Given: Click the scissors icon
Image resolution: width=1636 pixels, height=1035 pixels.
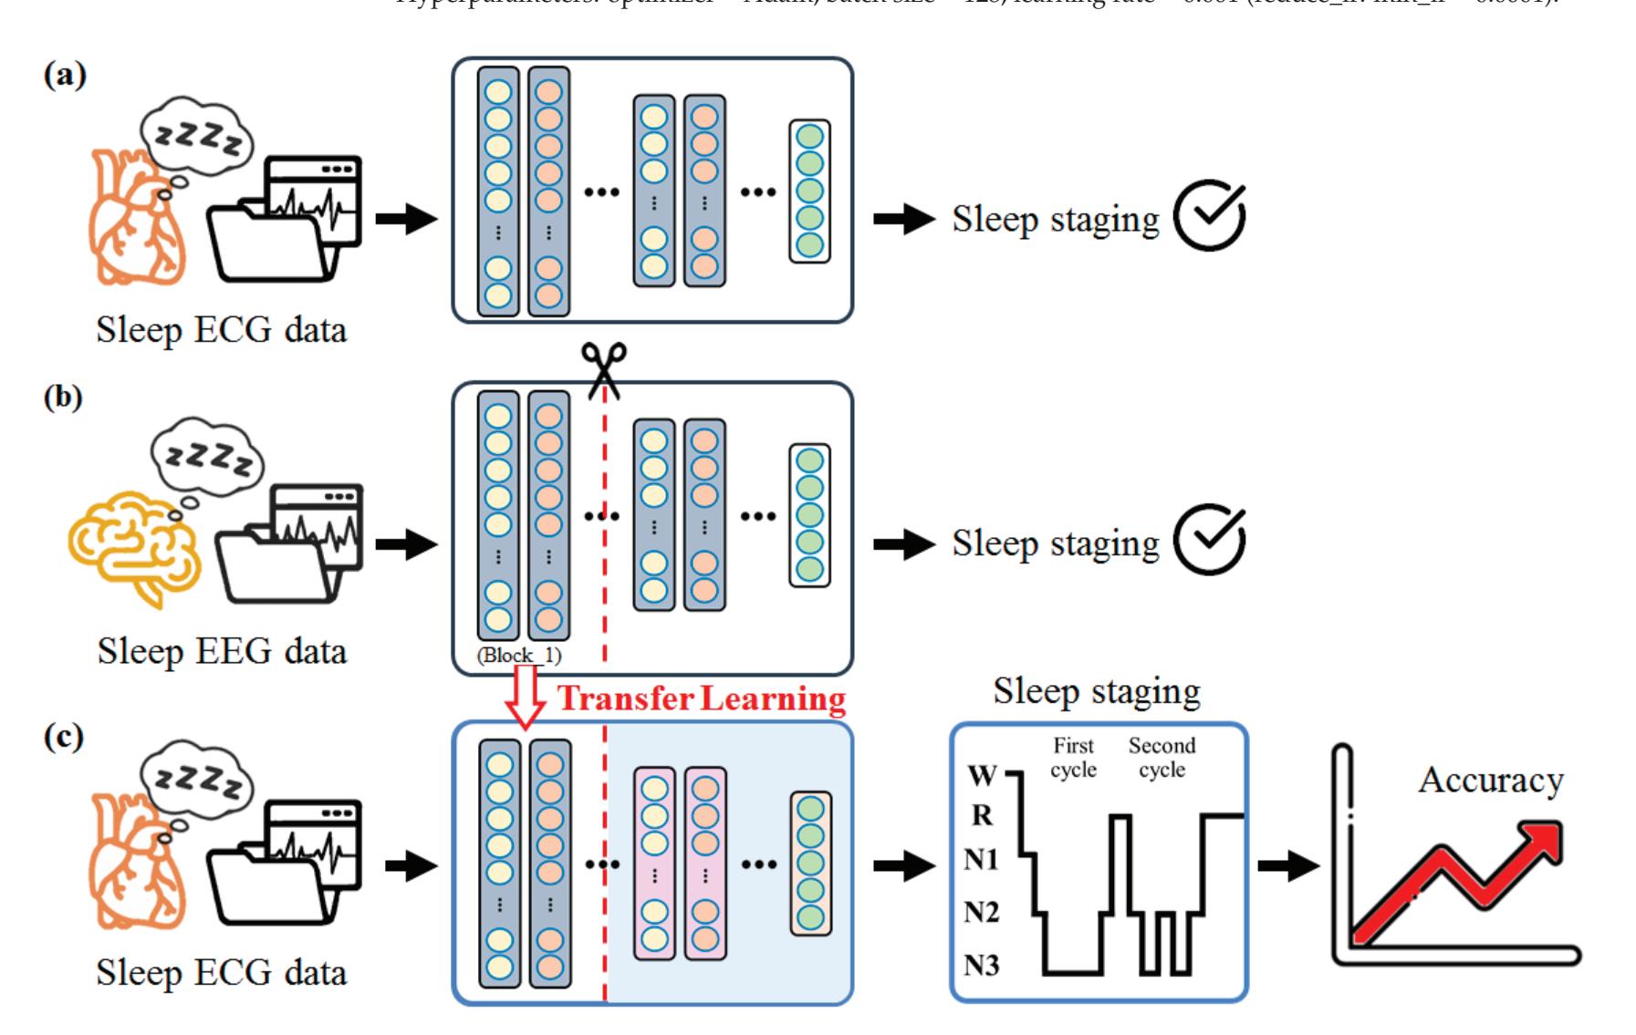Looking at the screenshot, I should (606, 369).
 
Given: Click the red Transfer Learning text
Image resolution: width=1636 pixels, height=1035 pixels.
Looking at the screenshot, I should (702, 699).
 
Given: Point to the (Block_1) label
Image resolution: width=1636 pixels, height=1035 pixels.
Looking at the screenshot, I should (519, 656).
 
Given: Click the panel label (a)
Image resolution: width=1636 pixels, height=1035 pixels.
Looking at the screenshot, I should (65, 76).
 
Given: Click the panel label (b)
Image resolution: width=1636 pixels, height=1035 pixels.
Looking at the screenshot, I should (63, 398).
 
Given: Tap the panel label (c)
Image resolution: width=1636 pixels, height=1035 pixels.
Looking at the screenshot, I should (63, 737).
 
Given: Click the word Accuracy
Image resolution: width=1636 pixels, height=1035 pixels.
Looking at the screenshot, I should (1491, 781).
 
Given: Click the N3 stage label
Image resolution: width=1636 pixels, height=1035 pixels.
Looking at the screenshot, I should (981, 965).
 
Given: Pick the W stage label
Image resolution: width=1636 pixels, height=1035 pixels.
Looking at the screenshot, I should (982, 776).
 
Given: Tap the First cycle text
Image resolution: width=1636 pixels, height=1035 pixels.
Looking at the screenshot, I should (1073, 758).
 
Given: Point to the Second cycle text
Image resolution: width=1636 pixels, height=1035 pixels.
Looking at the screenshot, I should (1162, 758).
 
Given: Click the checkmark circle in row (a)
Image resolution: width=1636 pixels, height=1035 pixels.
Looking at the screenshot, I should (1210, 217).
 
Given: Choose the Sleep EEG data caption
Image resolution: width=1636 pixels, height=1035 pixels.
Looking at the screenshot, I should (222, 652).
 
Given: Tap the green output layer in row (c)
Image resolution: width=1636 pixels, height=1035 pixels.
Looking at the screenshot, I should (810, 863).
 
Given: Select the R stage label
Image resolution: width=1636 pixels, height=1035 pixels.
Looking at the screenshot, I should (982, 815).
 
